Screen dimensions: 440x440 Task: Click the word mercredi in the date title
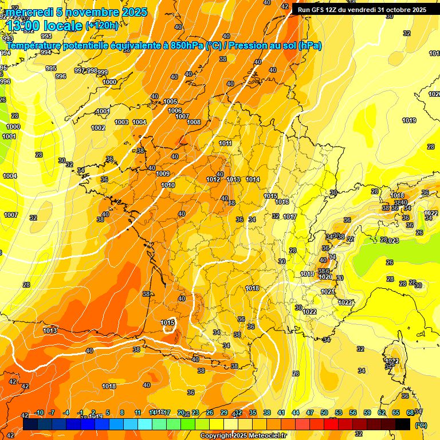pos(29,12)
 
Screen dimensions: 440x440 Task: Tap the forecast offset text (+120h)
pos(102,25)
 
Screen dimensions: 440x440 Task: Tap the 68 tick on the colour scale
pos(410,413)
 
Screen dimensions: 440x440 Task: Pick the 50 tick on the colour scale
pos(324,413)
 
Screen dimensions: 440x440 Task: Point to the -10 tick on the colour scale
pos(39,413)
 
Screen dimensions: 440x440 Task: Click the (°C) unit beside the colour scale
pos(421,425)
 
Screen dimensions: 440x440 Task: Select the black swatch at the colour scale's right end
pos(403,424)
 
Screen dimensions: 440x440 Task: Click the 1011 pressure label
pos(226,143)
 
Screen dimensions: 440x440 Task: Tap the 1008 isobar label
pos(194,122)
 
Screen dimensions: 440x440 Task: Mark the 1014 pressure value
pos(253,179)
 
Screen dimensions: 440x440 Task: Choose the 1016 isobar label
pos(282,202)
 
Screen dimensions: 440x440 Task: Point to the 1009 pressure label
pos(163,174)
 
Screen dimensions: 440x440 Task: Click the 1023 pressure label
pos(392,241)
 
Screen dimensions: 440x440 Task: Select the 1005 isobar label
pos(170,101)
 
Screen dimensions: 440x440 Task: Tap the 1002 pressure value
pos(98,128)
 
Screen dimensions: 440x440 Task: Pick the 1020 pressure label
pos(325,277)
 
